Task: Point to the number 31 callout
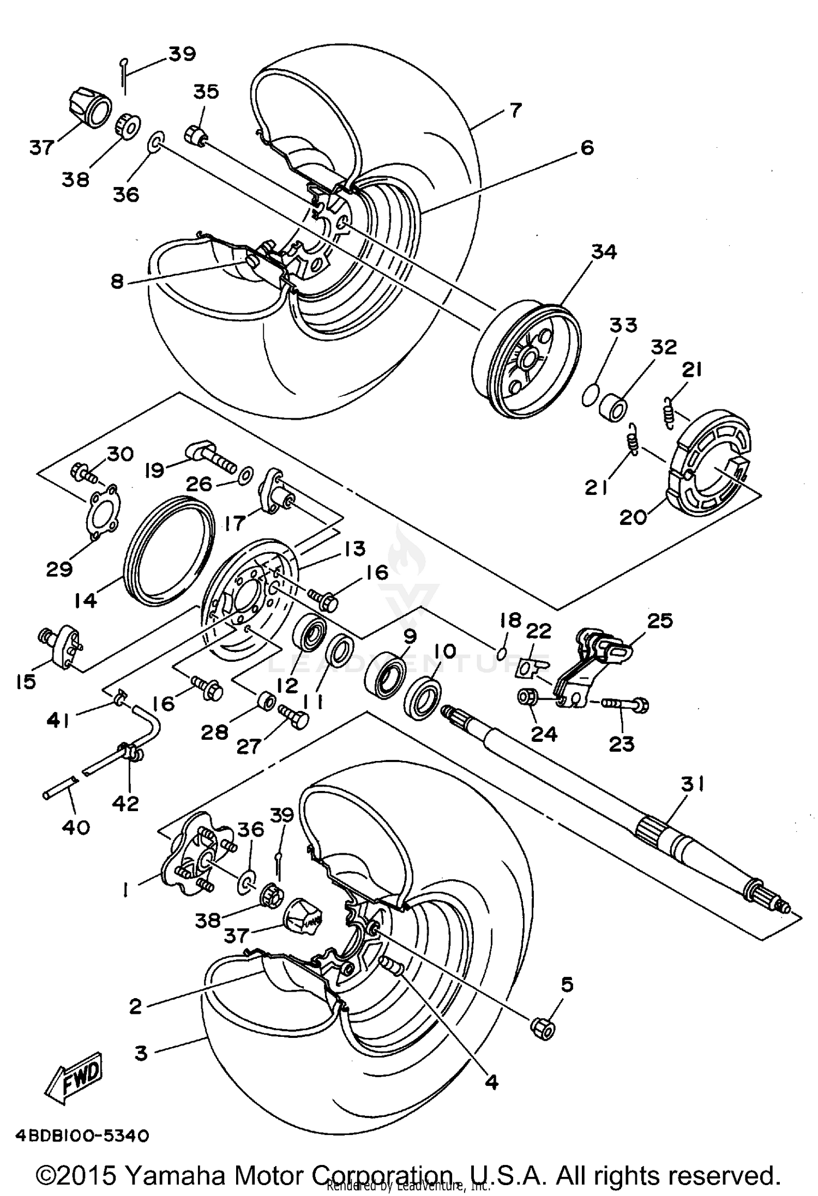point(693,785)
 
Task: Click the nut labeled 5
point(543,1028)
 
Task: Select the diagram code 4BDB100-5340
point(82,1136)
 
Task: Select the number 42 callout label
point(126,803)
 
